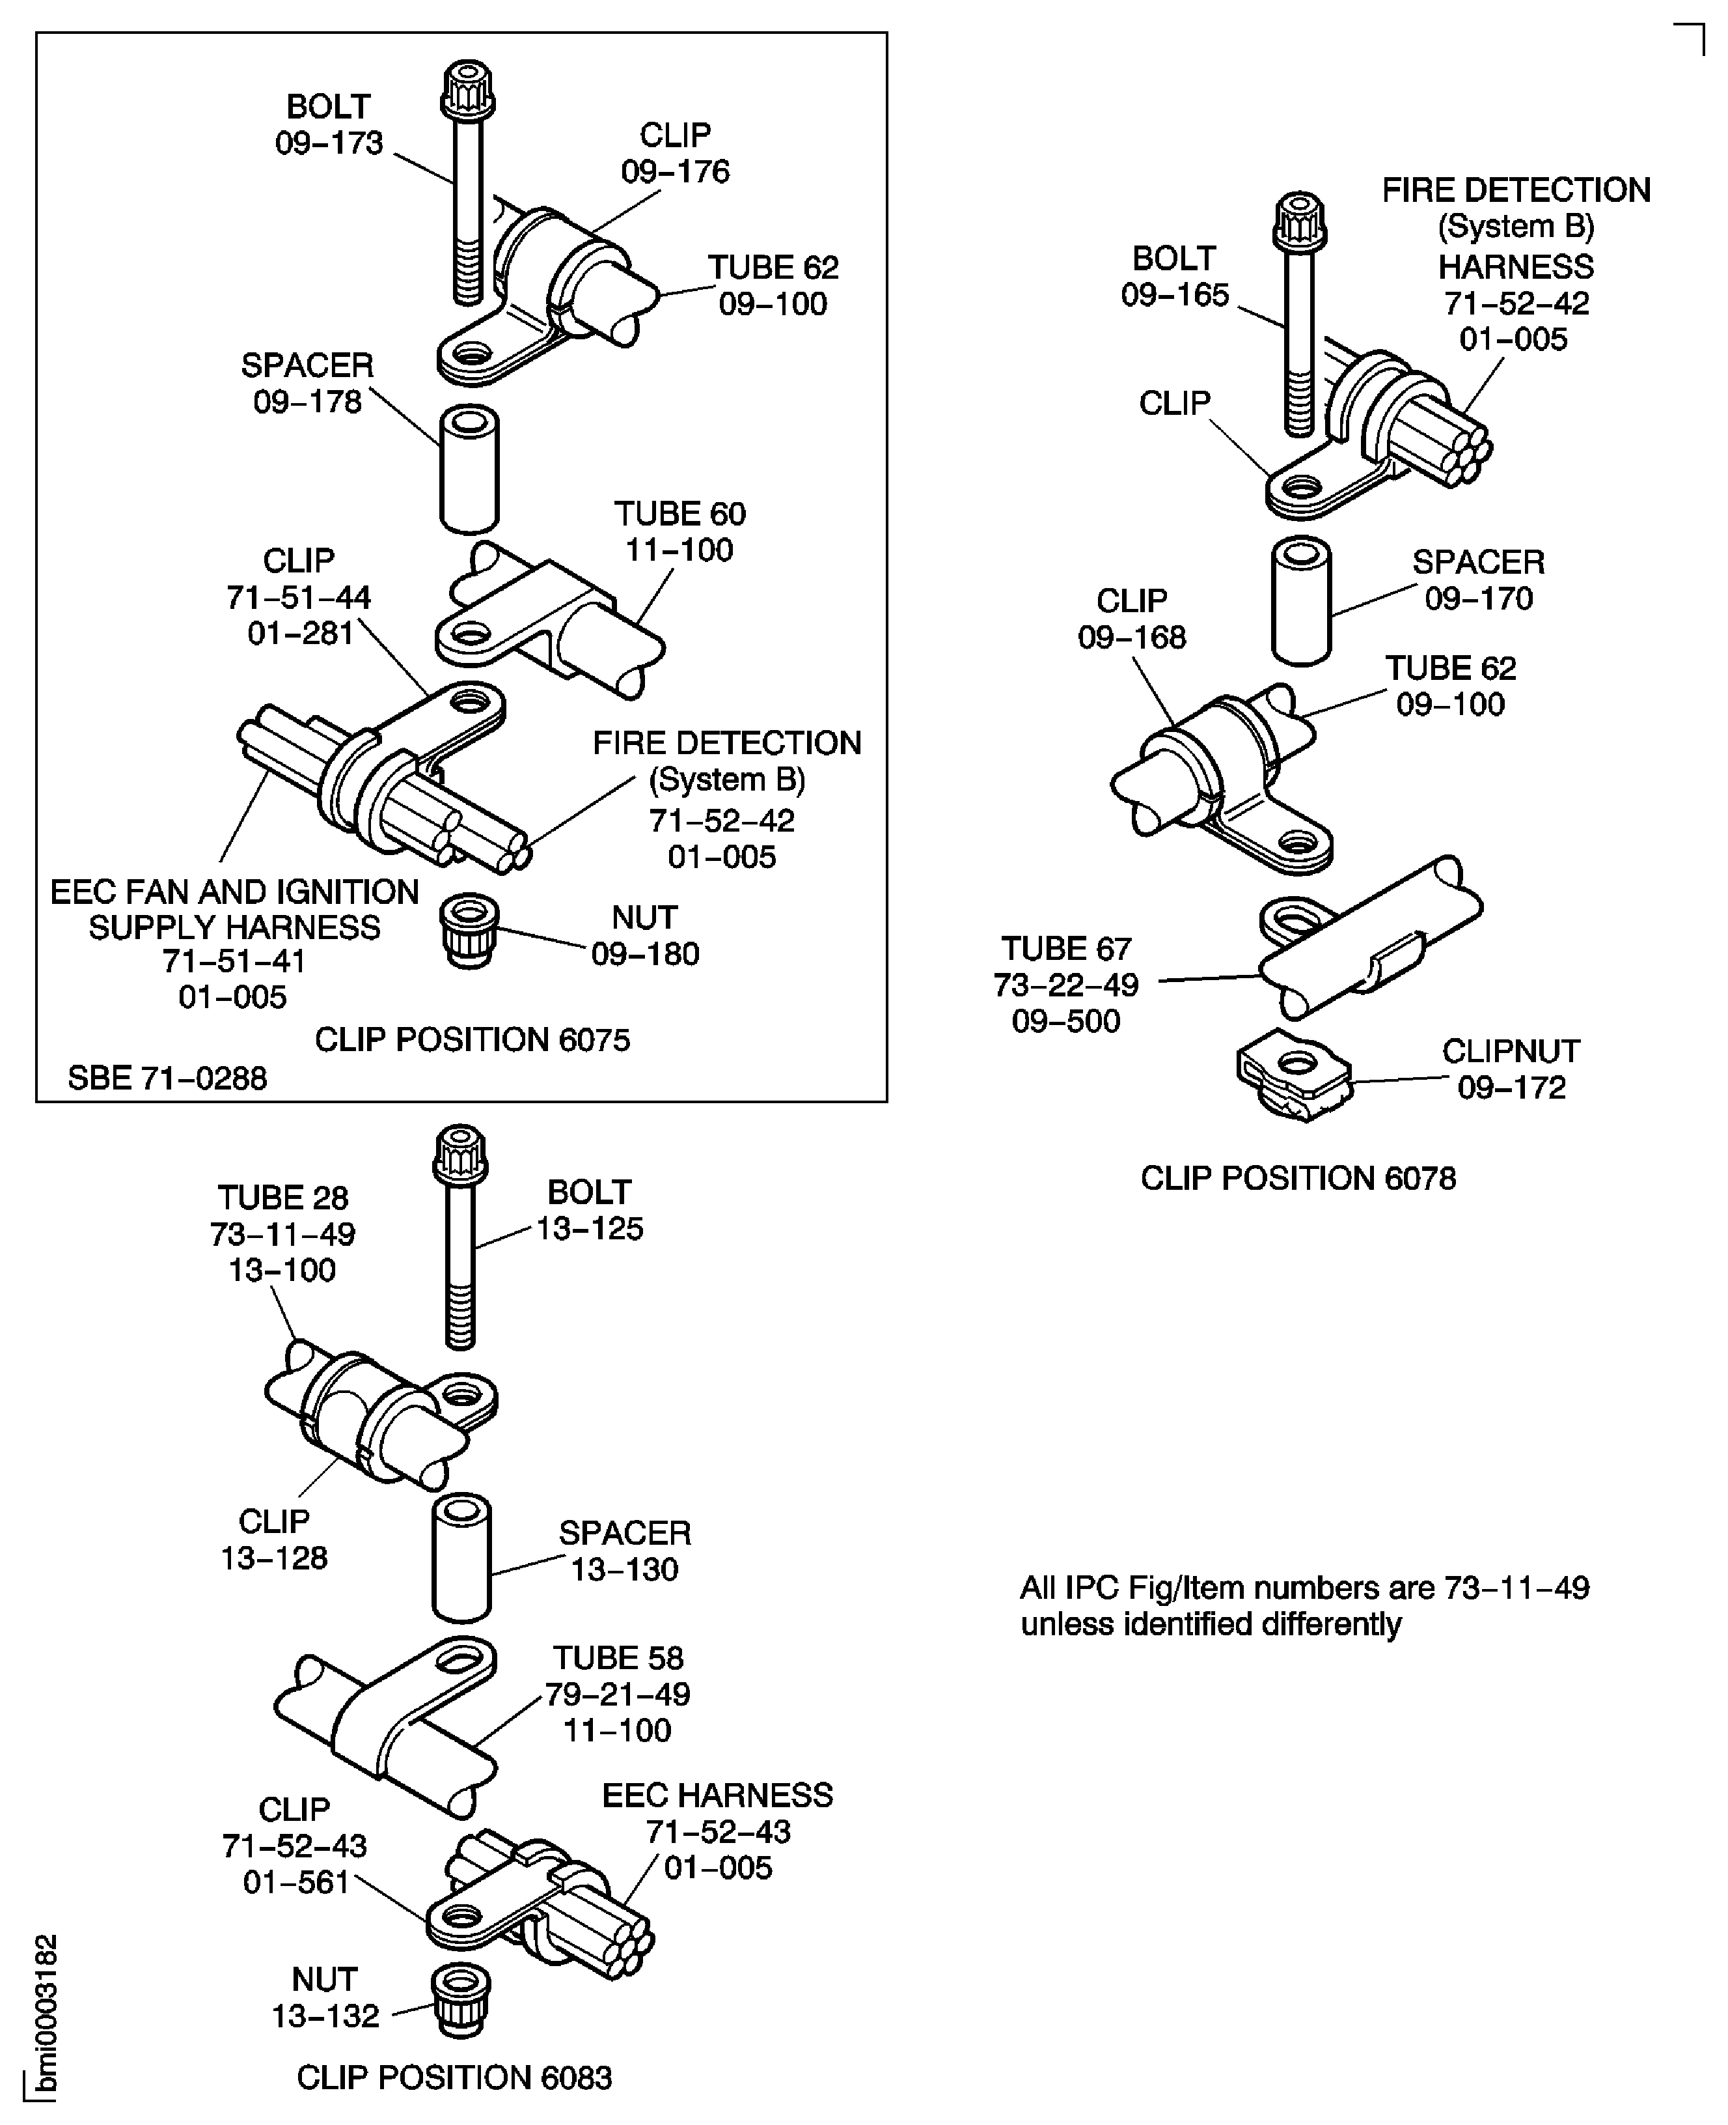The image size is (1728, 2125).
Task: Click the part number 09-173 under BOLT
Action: [329, 143]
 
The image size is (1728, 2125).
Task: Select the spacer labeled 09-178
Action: [470, 468]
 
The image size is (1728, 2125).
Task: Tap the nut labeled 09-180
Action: [468, 929]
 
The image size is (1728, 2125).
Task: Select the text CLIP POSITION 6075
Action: [472, 1039]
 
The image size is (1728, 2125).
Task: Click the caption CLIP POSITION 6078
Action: [1297, 1178]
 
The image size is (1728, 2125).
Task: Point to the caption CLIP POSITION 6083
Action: [454, 2077]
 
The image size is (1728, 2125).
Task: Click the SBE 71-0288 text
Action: [167, 1078]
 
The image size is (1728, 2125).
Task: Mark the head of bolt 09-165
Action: [1299, 221]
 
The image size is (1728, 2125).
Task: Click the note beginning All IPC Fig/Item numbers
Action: [1304, 1605]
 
